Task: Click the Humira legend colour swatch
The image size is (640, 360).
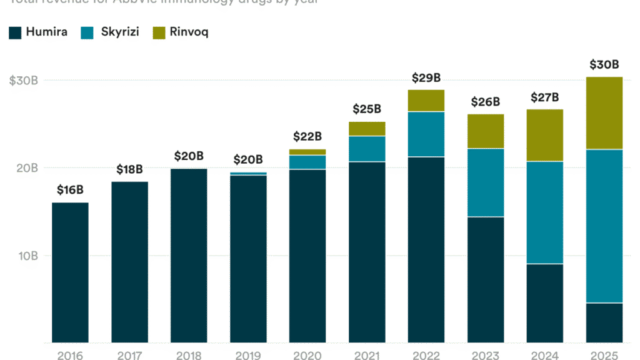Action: tap(15, 33)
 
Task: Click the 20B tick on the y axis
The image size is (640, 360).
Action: tap(27, 168)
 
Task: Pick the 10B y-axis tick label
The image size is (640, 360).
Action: tap(27, 256)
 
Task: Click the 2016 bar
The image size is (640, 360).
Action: tap(70, 272)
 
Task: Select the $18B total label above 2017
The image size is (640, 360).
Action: tap(129, 170)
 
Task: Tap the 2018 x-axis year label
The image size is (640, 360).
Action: tap(189, 356)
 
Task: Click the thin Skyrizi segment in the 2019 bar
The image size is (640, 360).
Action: tap(248, 174)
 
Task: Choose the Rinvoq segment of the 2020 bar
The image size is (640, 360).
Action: tap(307, 152)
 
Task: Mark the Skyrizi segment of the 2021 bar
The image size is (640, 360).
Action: tap(367, 149)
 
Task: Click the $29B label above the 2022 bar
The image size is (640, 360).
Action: tap(426, 78)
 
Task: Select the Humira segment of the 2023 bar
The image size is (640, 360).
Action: tap(486, 279)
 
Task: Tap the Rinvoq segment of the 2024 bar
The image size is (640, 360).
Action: tap(545, 135)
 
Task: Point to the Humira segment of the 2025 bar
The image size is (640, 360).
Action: tap(604, 322)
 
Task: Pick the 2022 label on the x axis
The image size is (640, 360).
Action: tap(426, 356)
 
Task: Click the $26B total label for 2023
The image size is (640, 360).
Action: tap(486, 102)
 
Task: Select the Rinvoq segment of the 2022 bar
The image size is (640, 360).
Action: tap(426, 101)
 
